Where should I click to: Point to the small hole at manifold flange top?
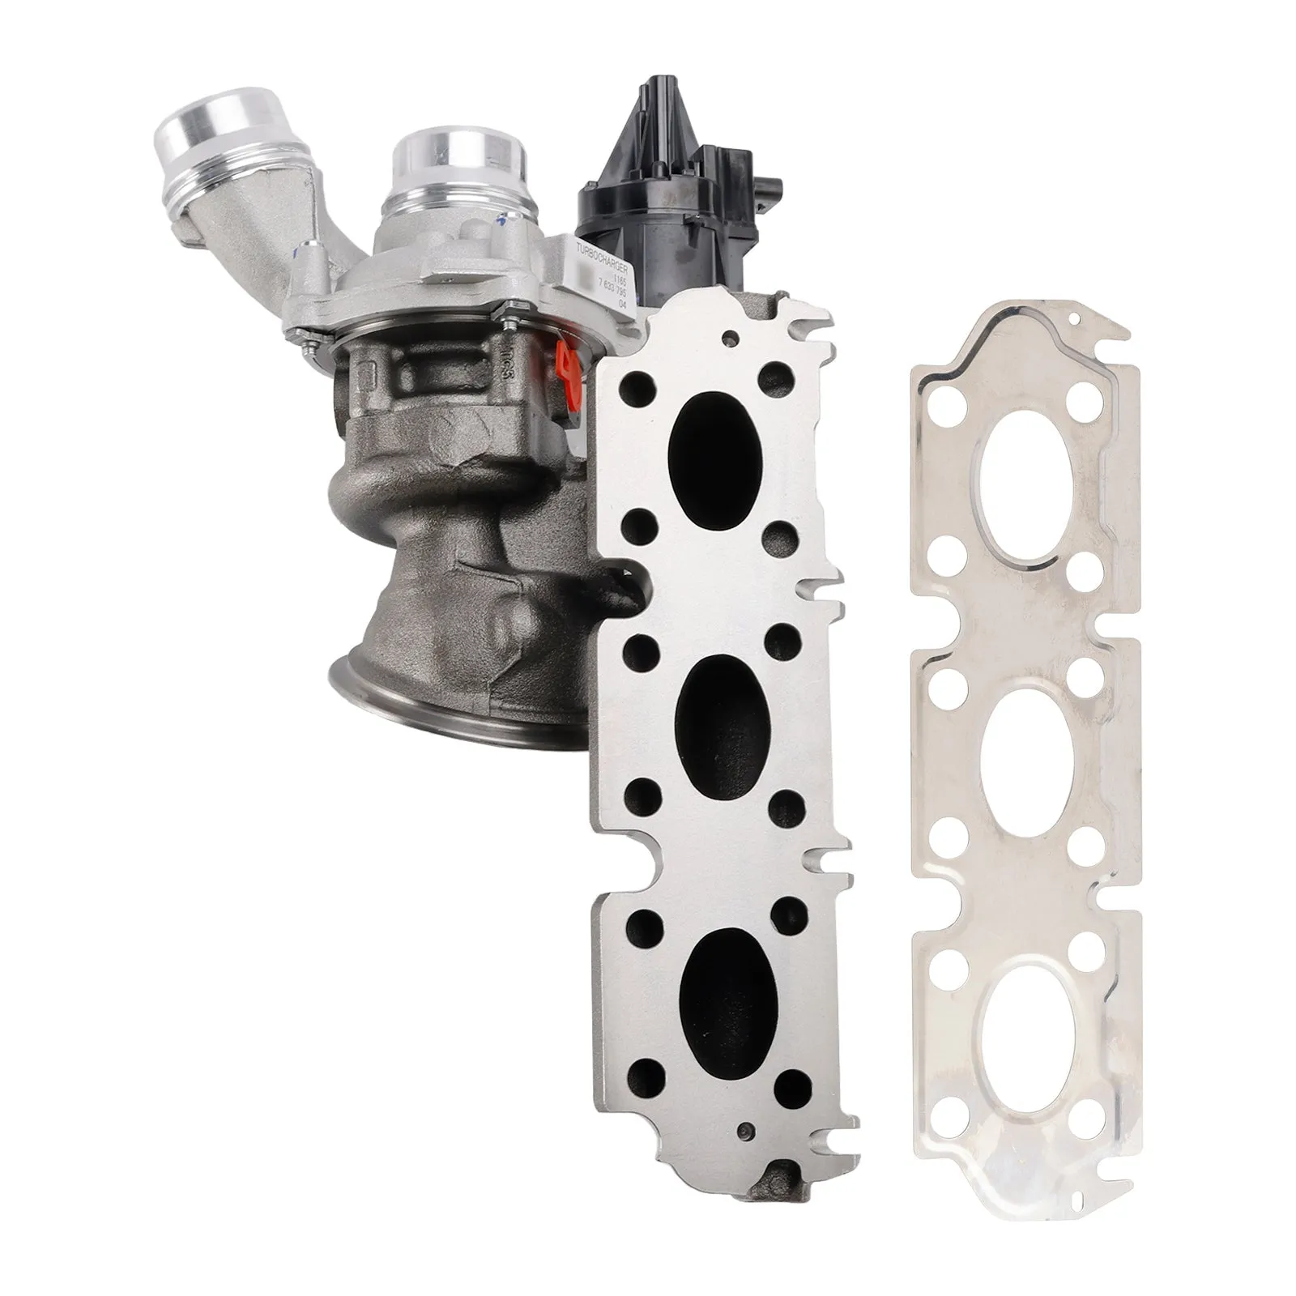coord(734,335)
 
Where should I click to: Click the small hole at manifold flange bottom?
coord(746,1127)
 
